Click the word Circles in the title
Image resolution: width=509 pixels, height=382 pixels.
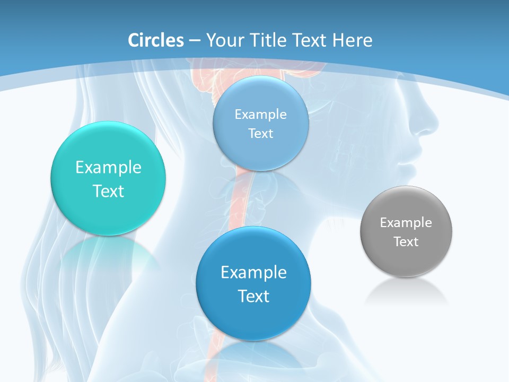[155, 40]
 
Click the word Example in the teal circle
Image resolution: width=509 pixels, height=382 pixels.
[108, 168]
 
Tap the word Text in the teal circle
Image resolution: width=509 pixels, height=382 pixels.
[108, 191]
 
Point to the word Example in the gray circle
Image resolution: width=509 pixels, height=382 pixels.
[406, 223]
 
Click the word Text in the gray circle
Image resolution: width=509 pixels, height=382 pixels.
[406, 242]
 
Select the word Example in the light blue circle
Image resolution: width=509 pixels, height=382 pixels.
[261, 114]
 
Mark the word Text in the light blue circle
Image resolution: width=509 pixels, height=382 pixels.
[261, 134]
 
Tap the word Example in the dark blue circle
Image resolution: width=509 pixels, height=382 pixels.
[253, 273]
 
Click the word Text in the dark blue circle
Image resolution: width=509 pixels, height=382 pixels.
[253, 296]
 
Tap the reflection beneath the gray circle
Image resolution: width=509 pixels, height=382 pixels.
[406, 292]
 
